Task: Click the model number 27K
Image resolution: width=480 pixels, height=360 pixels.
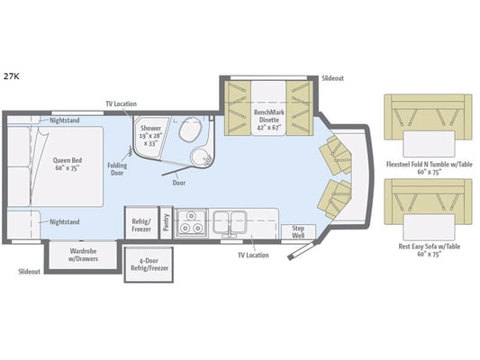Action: coord(12,76)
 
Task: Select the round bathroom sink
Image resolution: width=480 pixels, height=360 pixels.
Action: coord(201,157)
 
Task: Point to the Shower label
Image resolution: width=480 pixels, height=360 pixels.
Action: coord(150,128)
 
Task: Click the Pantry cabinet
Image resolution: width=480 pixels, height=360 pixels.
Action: coord(167,222)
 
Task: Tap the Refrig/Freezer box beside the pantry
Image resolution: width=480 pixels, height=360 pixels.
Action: coord(141,222)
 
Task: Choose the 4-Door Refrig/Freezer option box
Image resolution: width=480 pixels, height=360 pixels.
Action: coord(149,265)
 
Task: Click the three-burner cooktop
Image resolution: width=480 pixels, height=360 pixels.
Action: coord(191,223)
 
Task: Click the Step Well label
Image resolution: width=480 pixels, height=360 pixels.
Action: coord(298,232)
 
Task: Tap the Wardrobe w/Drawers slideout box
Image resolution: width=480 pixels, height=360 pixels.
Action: coord(83,256)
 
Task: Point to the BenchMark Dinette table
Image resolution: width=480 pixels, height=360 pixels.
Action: coord(268,108)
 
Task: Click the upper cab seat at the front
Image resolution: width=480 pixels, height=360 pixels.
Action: coord(335,156)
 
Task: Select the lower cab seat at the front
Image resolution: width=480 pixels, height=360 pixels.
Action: coord(335,199)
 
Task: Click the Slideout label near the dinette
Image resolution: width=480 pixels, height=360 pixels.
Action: coord(332,78)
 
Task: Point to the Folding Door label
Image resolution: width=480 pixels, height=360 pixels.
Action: coord(117,169)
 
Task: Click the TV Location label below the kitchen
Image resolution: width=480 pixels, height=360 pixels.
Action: coord(253,255)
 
